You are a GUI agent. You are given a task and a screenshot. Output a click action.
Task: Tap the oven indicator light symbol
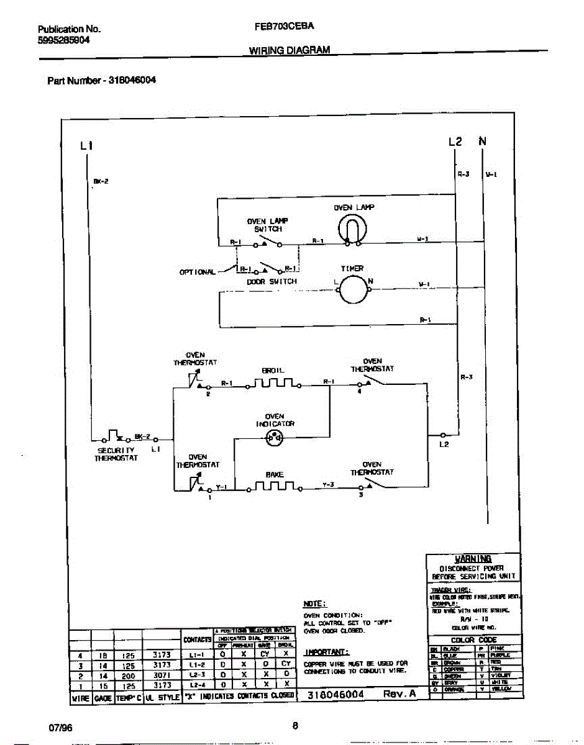[274, 438]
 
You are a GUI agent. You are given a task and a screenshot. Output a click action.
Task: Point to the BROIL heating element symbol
[274, 383]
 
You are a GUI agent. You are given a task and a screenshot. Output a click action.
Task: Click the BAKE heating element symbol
[274, 487]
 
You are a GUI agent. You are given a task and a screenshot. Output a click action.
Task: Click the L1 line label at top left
[86, 146]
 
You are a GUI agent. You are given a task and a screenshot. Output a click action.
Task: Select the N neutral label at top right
[482, 142]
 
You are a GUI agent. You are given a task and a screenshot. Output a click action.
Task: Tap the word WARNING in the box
[473, 559]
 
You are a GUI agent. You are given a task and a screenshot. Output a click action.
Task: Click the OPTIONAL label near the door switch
[198, 272]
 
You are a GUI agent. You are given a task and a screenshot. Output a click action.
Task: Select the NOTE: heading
[314, 603]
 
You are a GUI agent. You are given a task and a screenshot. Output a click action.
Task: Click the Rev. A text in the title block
[399, 694]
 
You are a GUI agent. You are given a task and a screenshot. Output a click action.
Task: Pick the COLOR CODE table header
[474, 639]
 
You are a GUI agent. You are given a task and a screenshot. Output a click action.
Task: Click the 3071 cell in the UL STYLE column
[162, 674]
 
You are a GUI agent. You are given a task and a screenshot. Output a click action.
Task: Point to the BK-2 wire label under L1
[101, 181]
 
